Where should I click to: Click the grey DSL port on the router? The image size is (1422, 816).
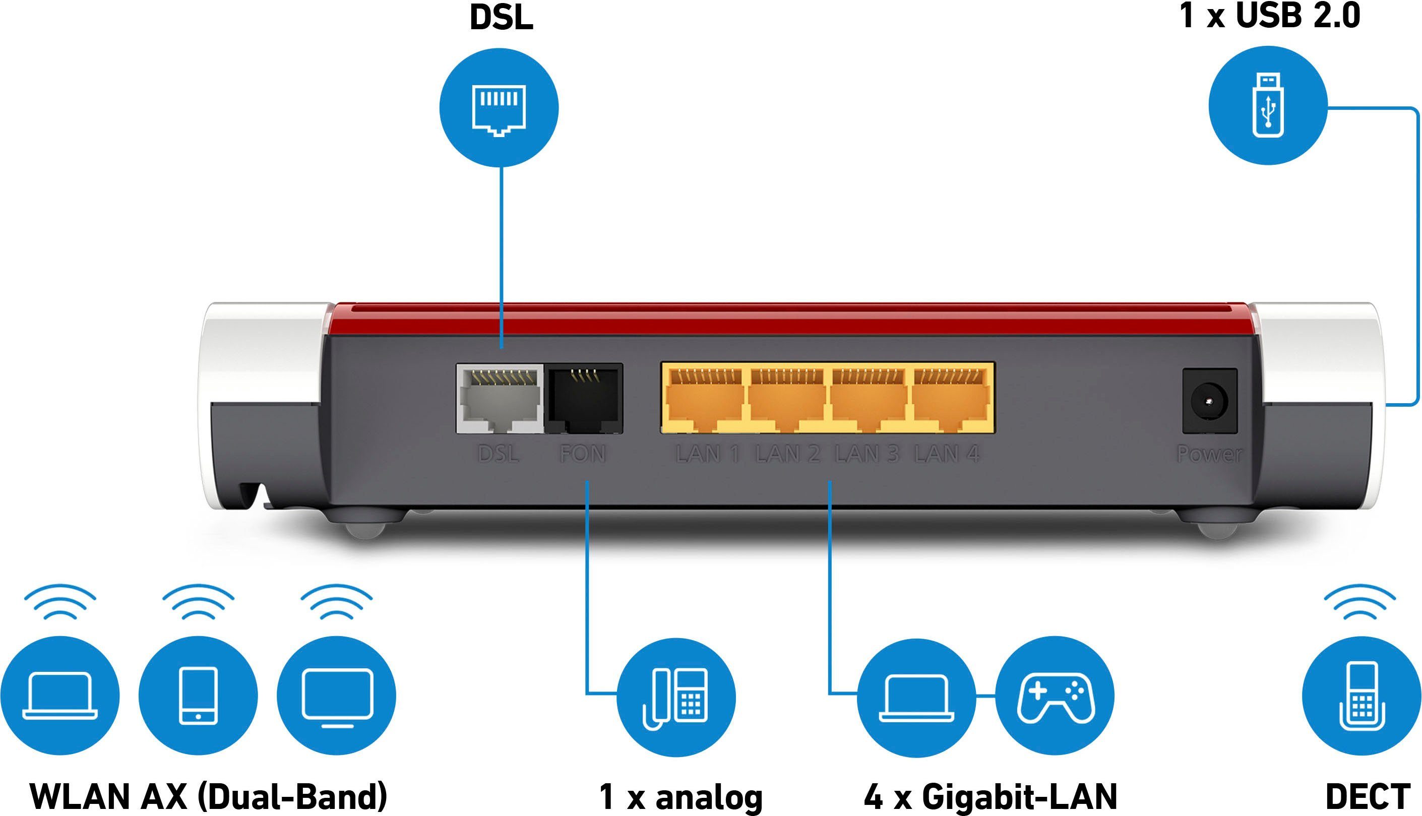click(x=500, y=399)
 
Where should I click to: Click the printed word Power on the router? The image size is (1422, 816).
click(x=1209, y=454)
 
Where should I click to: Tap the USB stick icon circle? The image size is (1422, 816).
click(x=1268, y=105)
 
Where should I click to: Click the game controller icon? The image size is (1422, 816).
click(x=1055, y=697)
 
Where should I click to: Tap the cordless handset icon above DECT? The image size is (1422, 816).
click(x=1362, y=697)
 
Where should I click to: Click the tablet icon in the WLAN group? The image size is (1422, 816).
click(x=198, y=696)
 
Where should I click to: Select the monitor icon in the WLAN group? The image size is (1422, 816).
click(x=336, y=696)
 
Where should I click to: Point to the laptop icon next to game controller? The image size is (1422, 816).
click(x=916, y=697)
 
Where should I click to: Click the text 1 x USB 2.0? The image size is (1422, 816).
click(x=1270, y=16)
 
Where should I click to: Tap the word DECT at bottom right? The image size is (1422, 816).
click(x=1367, y=796)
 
